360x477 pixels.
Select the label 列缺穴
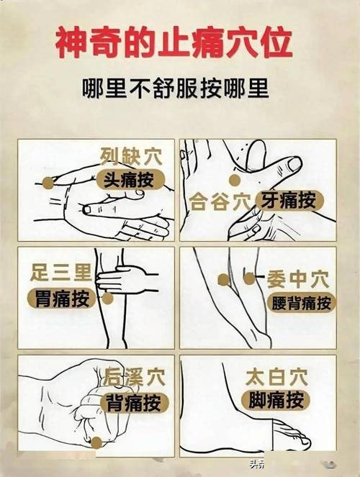pyautogui.click(x=131, y=155)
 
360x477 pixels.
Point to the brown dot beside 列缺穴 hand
pyautogui.click(x=48, y=183)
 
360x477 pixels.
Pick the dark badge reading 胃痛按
pyautogui.click(x=62, y=297)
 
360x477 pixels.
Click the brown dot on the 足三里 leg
pyautogui.click(x=108, y=298)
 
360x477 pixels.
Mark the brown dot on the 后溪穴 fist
pyautogui.click(x=94, y=441)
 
